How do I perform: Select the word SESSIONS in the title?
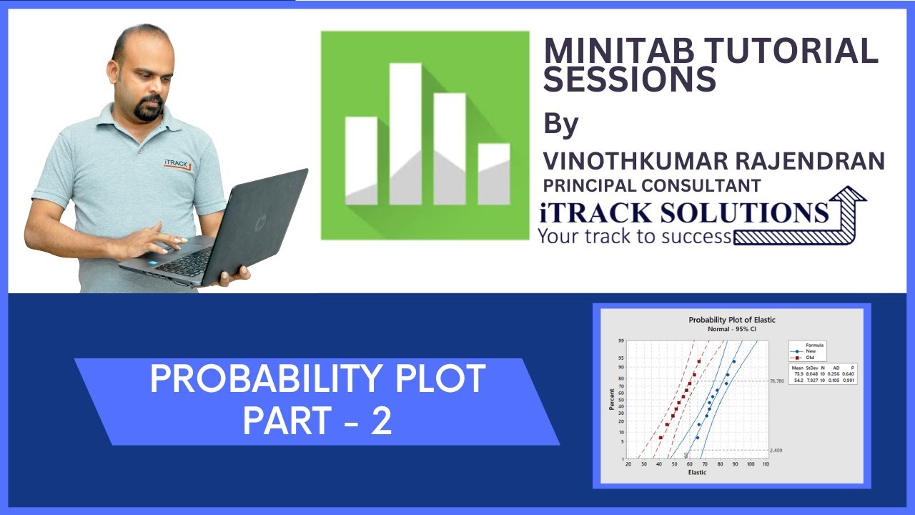pyautogui.click(x=630, y=79)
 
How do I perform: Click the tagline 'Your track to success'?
pyautogui.click(x=635, y=236)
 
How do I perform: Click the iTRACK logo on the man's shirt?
pyautogui.click(x=177, y=164)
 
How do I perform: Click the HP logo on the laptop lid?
pyautogui.click(x=259, y=221)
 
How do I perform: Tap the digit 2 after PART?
pyautogui.click(x=381, y=422)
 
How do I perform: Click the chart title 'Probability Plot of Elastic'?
pyautogui.click(x=731, y=320)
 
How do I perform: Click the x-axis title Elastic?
pyautogui.click(x=697, y=473)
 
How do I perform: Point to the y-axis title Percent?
pyautogui.click(x=612, y=399)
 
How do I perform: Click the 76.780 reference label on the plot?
pyautogui.click(x=777, y=381)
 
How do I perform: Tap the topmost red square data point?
pyautogui.click(x=698, y=361)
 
